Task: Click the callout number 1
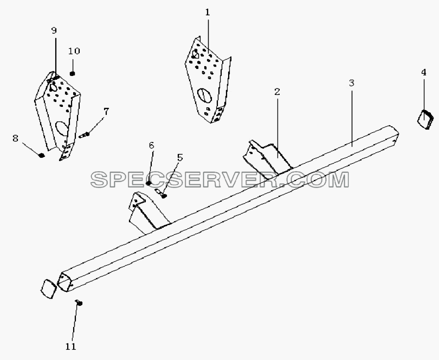click(208, 12)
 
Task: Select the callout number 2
click(277, 92)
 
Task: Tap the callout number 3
click(352, 83)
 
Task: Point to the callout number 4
click(424, 72)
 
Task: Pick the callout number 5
click(180, 158)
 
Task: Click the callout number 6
click(151, 145)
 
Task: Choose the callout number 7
click(106, 111)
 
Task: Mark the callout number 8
click(15, 138)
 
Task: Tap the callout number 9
click(54, 30)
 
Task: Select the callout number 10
click(74, 51)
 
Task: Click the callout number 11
click(70, 346)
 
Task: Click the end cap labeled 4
click(425, 120)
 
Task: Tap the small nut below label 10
click(72, 73)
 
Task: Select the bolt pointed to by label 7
click(84, 135)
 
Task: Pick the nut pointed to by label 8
click(41, 155)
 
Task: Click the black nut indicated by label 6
click(149, 183)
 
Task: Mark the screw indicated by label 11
click(79, 303)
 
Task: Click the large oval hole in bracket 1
click(204, 97)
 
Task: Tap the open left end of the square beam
click(63, 281)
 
